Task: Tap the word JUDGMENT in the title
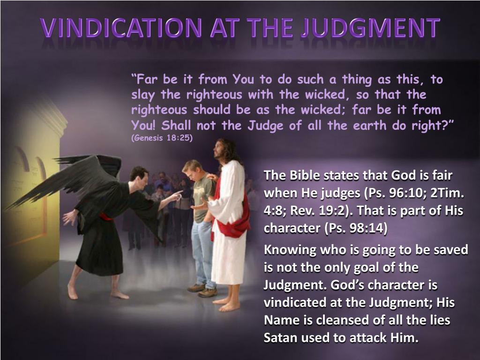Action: click(x=370, y=28)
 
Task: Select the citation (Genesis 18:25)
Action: click(x=162, y=138)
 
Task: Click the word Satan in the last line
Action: click(x=281, y=338)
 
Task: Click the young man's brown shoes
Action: click(x=202, y=291)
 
